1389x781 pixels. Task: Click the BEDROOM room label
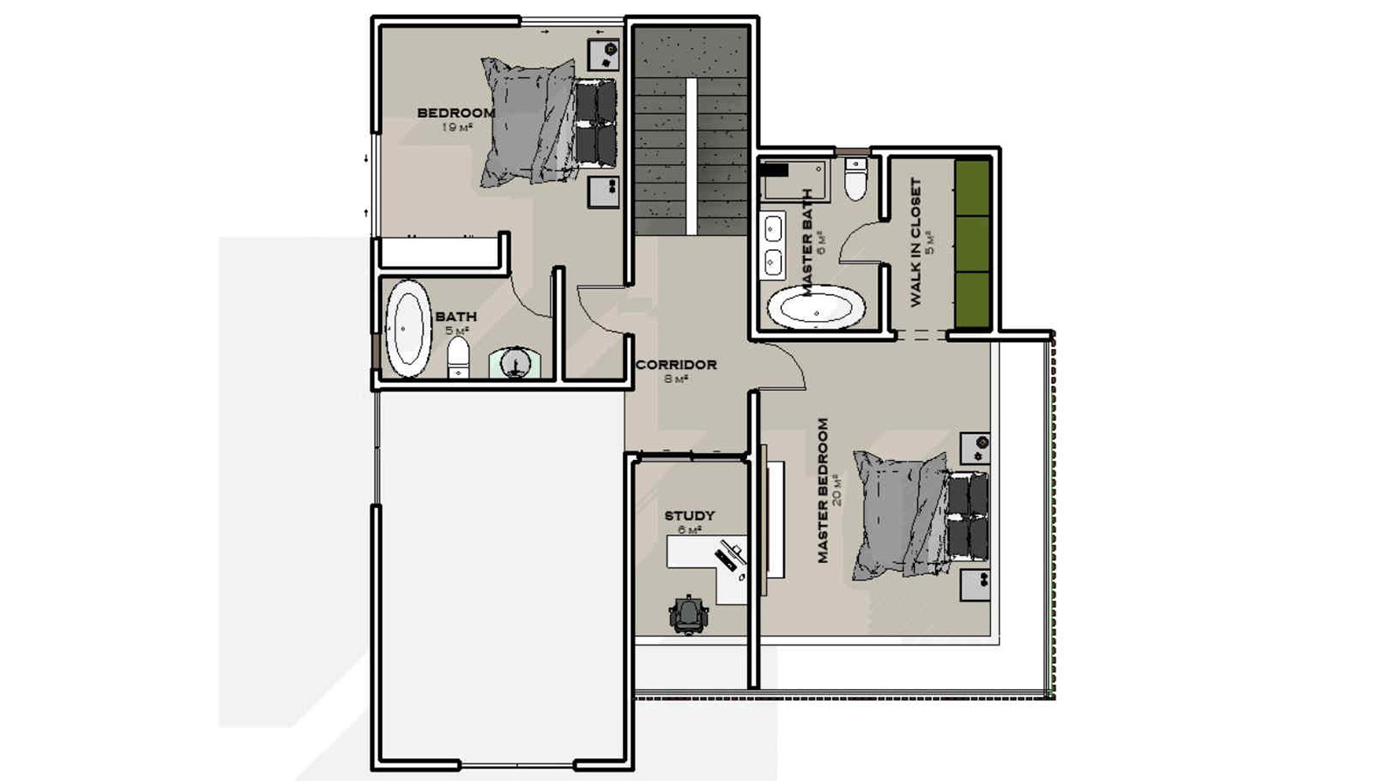coord(456,113)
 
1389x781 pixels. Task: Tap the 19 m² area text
coord(457,127)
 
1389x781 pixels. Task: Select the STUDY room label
coord(689,516)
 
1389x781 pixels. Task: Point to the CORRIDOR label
coord(676,365)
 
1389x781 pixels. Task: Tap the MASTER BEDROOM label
coord(823,491)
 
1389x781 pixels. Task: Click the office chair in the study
coord(688,614)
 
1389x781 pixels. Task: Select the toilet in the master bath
coord(855,179)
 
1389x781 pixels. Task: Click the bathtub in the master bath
coord(816,306)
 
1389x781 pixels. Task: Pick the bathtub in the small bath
coord(408,329)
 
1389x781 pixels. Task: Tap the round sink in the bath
coord(514,363)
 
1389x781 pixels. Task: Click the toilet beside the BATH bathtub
coord(458,357)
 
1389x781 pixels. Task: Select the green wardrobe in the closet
coord(972,244)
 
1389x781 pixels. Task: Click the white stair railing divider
coord(691,157)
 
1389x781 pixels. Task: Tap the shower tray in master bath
coord(794,180)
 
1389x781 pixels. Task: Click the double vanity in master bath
coord(772,246)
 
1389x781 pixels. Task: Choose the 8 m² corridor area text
coord(676,379)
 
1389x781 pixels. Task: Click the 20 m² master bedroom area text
coord(837,491)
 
